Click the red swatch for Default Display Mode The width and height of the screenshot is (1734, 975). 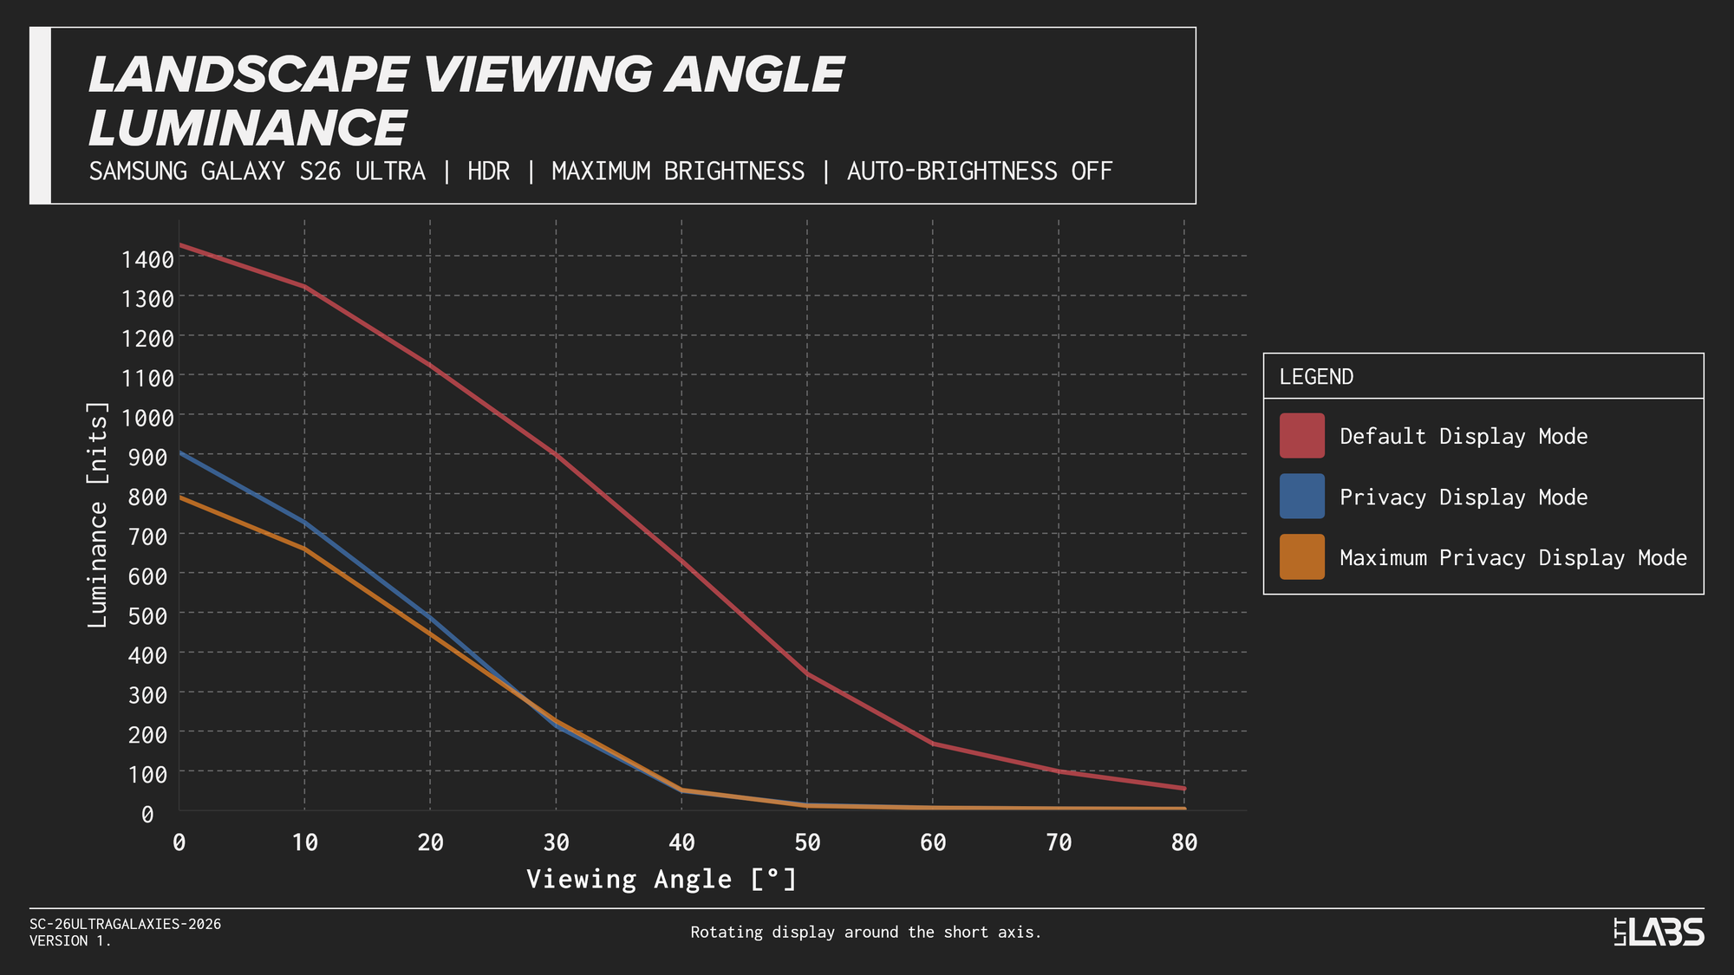tap(1301, 435)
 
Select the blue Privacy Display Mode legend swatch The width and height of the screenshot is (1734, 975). tap(1301, 496)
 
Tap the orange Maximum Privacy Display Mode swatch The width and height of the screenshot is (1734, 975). tap(1301, 556)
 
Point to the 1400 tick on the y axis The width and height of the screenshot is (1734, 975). tap(147, 258)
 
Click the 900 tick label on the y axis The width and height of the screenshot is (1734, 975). tap(147, 457)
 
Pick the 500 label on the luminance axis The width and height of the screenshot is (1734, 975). tap(147, 615)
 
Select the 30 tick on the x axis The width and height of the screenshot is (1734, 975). tap(556, 842)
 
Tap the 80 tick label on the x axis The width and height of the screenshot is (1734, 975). tap(1184, 842)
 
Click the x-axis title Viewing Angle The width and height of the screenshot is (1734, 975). tap(661, 879)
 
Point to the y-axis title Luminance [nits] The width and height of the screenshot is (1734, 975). tap(98, 515)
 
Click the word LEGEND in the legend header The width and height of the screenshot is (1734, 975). tap(1316, 377)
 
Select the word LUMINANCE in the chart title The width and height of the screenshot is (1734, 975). tap(248, 128)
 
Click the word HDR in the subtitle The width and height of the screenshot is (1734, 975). tap(488, 171)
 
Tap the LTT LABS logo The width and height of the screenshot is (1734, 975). tap(1659, 932)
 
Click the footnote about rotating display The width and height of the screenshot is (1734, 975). tap(865, 933)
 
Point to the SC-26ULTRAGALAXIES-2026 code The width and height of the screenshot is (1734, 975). tap(125, 924)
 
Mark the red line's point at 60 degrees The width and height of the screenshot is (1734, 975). tap(933, 744)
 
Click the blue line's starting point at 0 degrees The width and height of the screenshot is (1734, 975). tap(179, 452)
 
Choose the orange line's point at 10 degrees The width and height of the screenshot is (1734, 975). tap(304, 549)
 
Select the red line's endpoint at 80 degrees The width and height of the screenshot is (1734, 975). tap(1184, 789)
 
